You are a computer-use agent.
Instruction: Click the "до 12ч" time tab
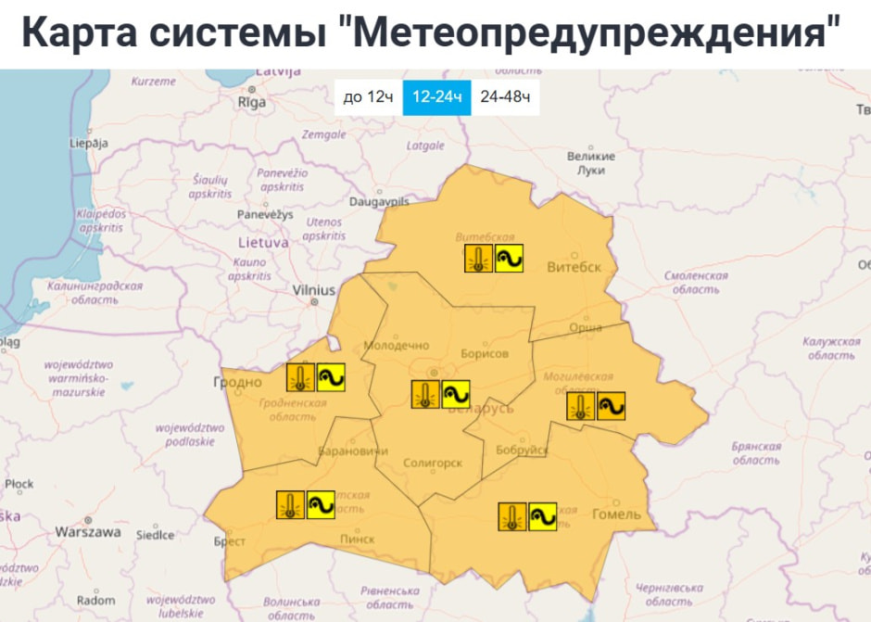pyautogui.click(x=369, y=97)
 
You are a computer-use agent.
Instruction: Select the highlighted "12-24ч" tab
pyautogui.click(x=436, y=97)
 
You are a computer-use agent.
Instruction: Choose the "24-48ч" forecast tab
pyautogui.click(x=505, y=97)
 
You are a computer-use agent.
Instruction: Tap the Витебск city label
pyautogui.click(x=574, y=267)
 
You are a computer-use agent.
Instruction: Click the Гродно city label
pyautogui.click(x=237, y=382)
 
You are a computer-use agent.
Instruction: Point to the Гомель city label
pyautogui.click(x=615, y=514)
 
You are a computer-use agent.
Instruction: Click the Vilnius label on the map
pyautogui.click(x=313, y=290)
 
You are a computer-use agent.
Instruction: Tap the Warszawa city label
pyautogui.click(x=88, y=532)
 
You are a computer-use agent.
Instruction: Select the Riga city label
pyautogui.click(x=251, y=103)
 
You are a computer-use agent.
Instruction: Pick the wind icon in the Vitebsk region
pyautogui.click(x=509, y=259)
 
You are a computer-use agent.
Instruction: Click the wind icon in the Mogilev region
pyautogui.click(x=611, y=406)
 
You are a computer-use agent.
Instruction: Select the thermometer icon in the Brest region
pyautogui.click(x=291, y=504)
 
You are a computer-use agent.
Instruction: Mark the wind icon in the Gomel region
pyautogui.click(x=542, y=516)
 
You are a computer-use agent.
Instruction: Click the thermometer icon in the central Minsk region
pyautogui.click(x=425, y=395)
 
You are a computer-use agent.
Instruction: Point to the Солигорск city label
pyautogui.click(x=433, y=463)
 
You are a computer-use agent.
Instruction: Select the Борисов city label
pyautogui.click(x=484, y=354)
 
